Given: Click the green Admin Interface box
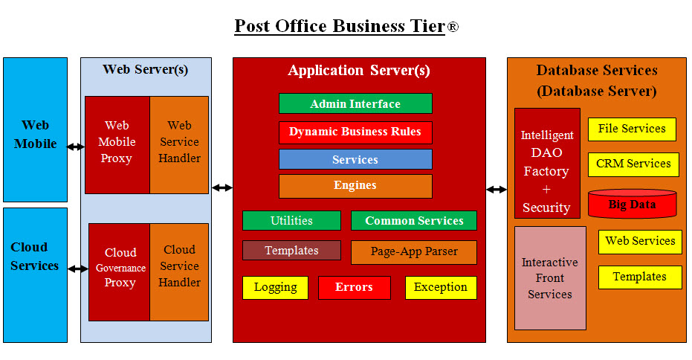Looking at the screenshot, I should (x=355, y=104).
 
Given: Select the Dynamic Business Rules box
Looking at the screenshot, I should (x=355, y=132).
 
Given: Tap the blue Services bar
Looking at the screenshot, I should (x=355, y=160).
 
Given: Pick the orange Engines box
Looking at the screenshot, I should (x=355, y=186).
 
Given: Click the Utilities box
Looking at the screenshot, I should (x=291, y=221).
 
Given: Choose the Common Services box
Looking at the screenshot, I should (x=414, y=221).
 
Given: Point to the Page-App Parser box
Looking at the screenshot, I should (x=414, y=252).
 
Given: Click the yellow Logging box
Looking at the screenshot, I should (x=275, y=288).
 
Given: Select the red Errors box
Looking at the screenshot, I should (x=354, y=288).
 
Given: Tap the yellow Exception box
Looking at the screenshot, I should (x=441, y=288).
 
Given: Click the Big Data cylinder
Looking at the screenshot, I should (x=633, y=205).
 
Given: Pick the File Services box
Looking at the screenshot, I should (x=632, y=129).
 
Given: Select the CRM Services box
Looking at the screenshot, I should (x=633, y=164).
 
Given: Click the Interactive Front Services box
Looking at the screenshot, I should (x=550, y=278).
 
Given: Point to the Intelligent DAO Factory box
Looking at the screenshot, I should (x=547, y=164).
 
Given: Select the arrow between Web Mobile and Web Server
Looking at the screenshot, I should (x=76, y=147).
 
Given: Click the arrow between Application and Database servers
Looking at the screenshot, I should (x=497, y=190).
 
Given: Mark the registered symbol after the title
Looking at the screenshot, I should (x=453, y=28).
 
